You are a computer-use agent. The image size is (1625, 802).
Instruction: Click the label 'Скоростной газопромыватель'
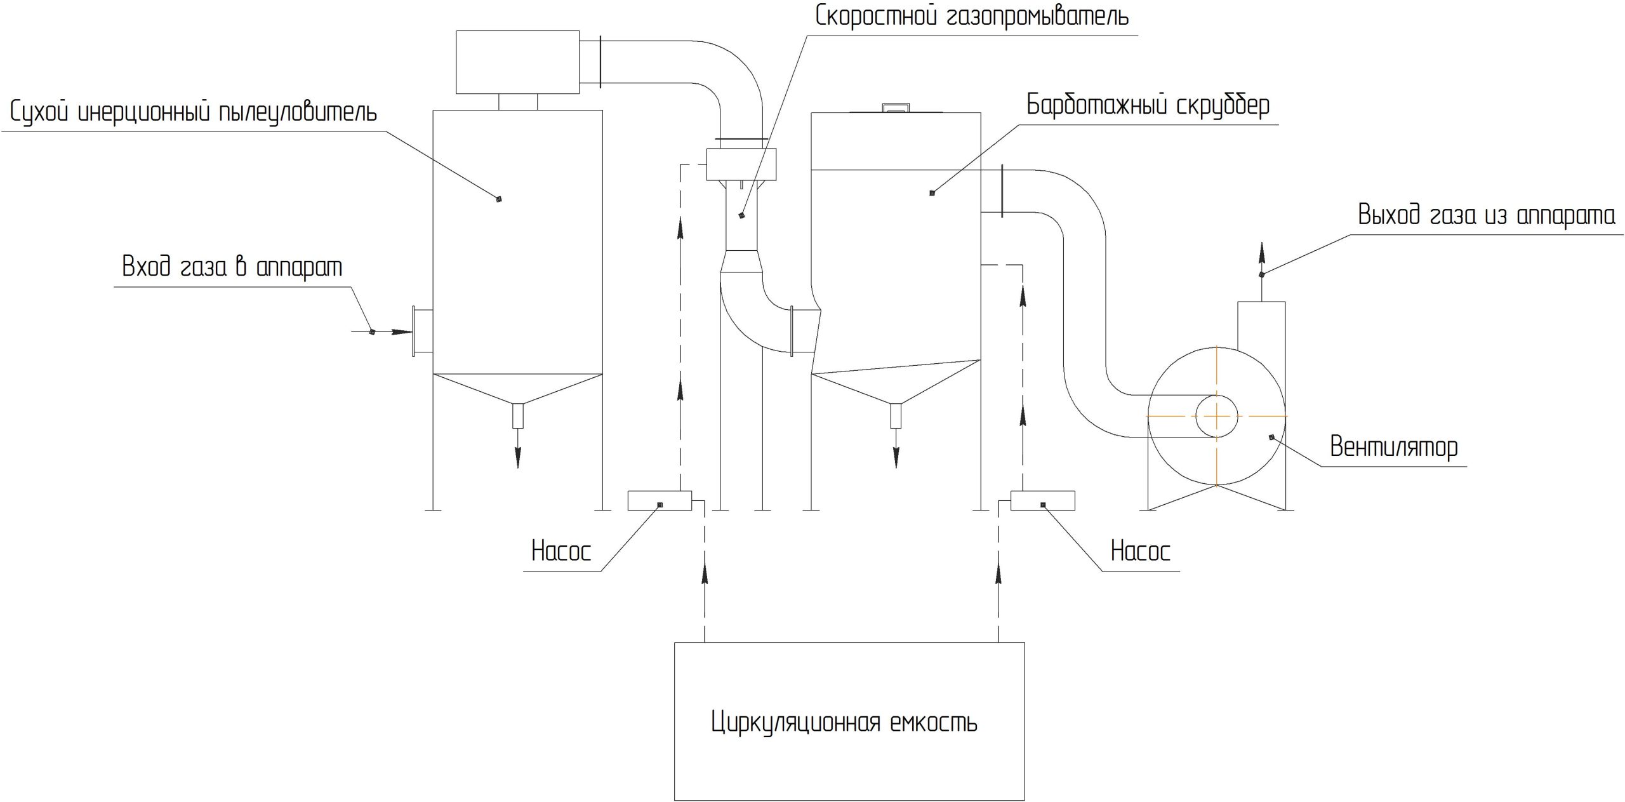971,16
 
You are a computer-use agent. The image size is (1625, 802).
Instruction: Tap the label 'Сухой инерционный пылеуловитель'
194,113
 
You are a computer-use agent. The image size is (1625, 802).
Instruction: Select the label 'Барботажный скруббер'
1148,105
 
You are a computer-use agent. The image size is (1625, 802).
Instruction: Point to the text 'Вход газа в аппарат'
232,267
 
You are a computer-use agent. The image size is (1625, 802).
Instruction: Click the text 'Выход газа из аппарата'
1486,216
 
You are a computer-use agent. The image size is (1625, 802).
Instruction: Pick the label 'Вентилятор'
1393,447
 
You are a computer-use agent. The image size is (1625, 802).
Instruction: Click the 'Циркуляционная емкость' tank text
844,722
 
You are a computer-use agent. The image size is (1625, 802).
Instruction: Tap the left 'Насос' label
561,551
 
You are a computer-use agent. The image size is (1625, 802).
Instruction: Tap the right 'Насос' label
1140,551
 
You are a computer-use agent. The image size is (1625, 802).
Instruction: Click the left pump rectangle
659,500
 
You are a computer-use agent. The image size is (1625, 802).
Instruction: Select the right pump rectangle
1042,500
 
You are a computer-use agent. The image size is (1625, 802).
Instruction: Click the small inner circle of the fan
1216,416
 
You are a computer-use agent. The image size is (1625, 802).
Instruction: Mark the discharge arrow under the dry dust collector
518,452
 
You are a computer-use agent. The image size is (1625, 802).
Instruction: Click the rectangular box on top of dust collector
517,62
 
